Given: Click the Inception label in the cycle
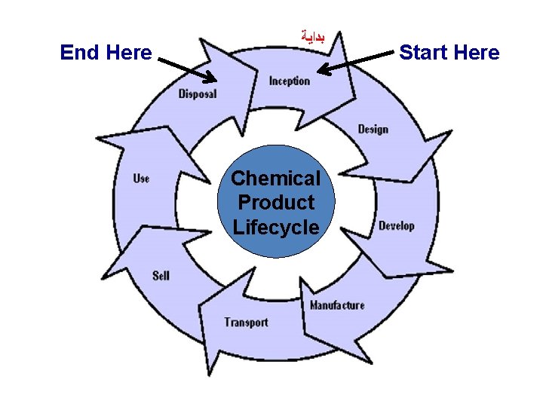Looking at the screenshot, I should [x=290, y=81].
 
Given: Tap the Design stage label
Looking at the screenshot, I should [x=373, y=129].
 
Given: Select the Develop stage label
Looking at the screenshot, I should [x=396, y=226].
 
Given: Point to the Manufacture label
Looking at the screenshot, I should [x=337, y=305].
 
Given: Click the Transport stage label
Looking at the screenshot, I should [x=246, y=323].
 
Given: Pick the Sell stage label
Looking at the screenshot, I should [x=161, y=276].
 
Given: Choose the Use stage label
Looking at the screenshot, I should [x=141, y=179].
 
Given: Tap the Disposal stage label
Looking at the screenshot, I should [x=198, y=94].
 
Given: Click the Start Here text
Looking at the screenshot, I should [x=449, y=53].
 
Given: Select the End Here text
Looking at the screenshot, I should [x=106, y=53].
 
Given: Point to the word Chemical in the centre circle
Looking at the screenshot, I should [x=275, y=179].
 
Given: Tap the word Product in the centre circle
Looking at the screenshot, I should [x=275, y=203].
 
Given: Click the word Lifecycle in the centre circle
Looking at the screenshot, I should [x=275, y=227].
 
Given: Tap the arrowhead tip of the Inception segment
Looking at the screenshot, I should [x=355, y=96].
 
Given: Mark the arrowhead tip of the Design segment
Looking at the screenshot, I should [x=411, y=181].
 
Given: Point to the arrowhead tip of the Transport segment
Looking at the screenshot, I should [x=212, y=375].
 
